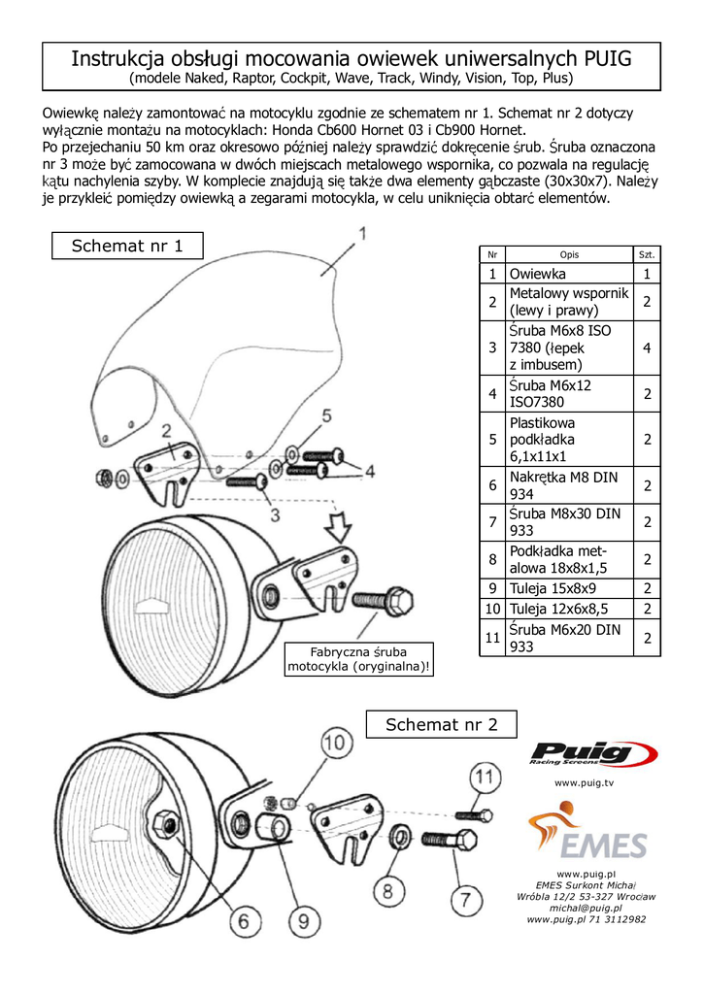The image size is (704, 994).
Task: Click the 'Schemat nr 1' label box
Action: click(x=127, y=246)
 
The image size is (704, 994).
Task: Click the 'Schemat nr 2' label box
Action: click(x=441, y=724)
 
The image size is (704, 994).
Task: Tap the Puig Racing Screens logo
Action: click(x=593, y=753)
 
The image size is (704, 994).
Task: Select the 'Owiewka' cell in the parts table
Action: click(x=569, y=274)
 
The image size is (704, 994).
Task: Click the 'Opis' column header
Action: click(x=569, y=254)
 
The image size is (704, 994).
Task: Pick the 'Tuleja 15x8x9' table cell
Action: click(x=569, y=588)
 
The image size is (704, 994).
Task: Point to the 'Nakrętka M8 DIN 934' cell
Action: click(x=569, y=485)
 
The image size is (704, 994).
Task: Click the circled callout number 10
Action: click(x=334, y=745)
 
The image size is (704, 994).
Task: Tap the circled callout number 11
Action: click(x=485, y=776)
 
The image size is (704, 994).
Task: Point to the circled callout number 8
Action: click(x=386, y=889)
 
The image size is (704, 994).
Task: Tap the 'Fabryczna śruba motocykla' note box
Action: click(x=358, y=659)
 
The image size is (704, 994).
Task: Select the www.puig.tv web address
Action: click(x=584, y=781)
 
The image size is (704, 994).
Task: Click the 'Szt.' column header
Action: click(x=647, y=254)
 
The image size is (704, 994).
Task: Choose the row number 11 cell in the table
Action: click(x=492, y=638)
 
